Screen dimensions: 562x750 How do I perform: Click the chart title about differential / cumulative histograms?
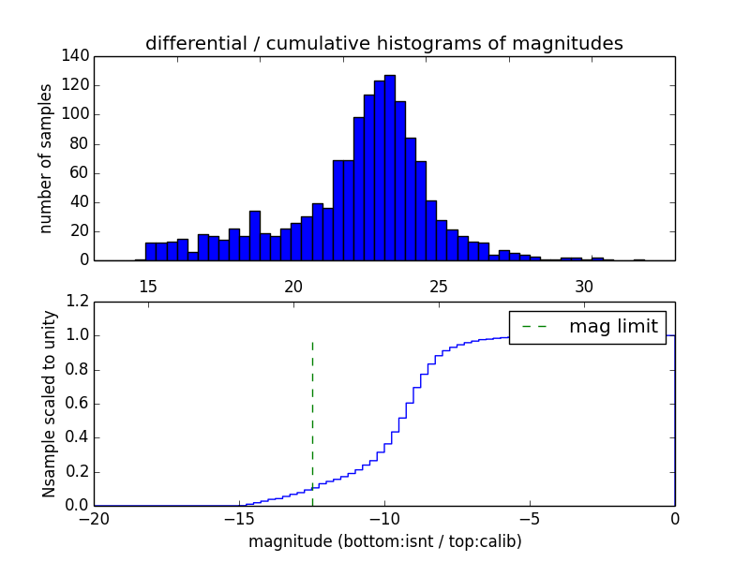(x=383, y=43)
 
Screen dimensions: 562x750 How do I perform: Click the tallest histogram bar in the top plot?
(x=389, y=169)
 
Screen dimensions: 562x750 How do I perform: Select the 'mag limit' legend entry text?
(x=613, y=327)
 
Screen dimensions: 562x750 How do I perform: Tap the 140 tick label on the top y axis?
(x=78, y=56)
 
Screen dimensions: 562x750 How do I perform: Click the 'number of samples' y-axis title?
(x=46, y=158)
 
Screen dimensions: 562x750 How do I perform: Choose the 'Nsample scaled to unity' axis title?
(x=49, y=403)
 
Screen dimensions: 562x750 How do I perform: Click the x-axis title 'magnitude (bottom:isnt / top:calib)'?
(x=384, y=541)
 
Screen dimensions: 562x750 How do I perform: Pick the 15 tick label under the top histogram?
(x=147, y=286)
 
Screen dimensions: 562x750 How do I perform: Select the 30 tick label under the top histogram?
(x=584, y=286)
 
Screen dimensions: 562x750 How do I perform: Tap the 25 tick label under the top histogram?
(x=439, y=286)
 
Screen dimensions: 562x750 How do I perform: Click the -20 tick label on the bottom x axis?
(x=94, y=518)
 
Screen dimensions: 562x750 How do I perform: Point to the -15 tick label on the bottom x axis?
(x=239, y=518)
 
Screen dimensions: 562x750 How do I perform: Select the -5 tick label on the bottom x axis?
(x=530, y=518)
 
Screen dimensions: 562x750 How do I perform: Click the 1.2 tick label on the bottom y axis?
(x=78, y=302)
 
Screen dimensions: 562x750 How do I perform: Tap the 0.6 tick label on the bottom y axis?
(x=78, y=404)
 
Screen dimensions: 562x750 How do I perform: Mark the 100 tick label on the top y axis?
(x=78, y=114)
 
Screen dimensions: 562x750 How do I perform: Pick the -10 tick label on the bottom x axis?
(x=384, y=518)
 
